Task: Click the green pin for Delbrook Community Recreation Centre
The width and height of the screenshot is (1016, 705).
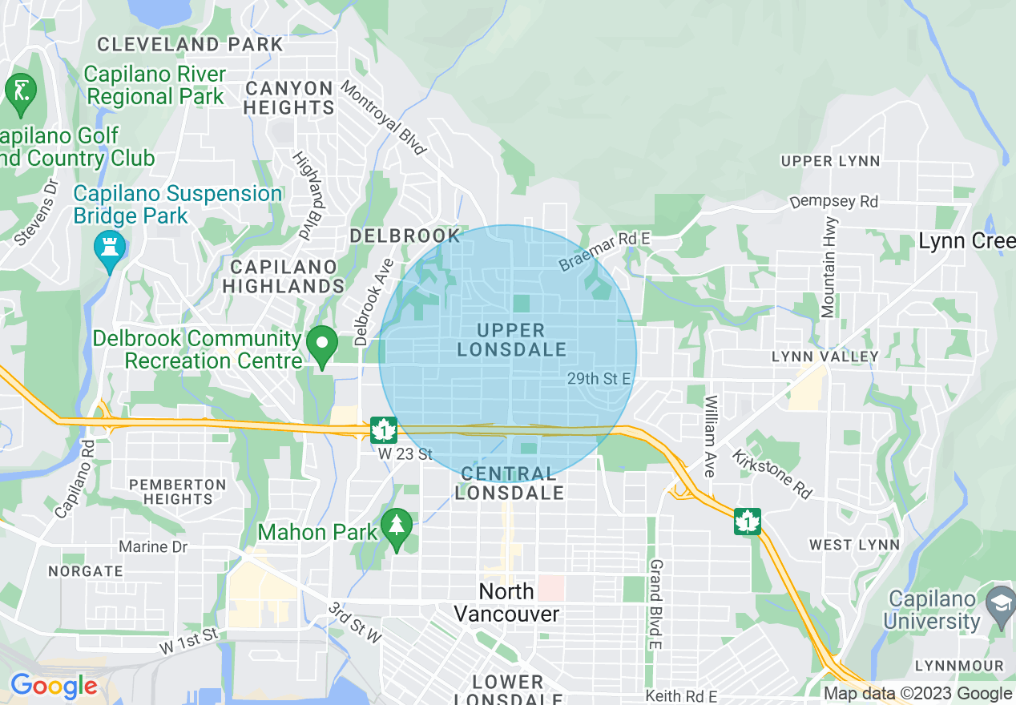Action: coord(322,347)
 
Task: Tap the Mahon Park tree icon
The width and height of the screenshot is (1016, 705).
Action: coord(396,528)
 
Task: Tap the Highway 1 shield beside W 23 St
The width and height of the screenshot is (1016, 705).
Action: coord(383,431)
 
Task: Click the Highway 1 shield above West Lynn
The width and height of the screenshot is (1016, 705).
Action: coord(747,522)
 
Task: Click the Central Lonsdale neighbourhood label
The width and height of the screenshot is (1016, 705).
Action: coord(509,484)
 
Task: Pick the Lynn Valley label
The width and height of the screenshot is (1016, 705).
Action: coord(824,356)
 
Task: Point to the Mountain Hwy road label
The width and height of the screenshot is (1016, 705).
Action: coord(829,266)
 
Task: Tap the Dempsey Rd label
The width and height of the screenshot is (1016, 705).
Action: coord(833,201)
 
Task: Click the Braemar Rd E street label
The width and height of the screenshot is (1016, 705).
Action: coord(605,251)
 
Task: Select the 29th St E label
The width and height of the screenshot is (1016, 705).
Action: coord(599,378)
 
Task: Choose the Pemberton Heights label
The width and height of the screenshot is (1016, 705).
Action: coord(177,491)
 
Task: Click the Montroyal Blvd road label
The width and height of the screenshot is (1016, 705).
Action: coord(382,118)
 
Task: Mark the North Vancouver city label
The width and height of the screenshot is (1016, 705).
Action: coord(506,602)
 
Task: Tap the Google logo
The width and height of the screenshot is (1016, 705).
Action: coord(54,687)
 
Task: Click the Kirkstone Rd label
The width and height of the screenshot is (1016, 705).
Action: coord(771,473)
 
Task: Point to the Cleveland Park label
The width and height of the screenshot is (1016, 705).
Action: coord(190,44)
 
